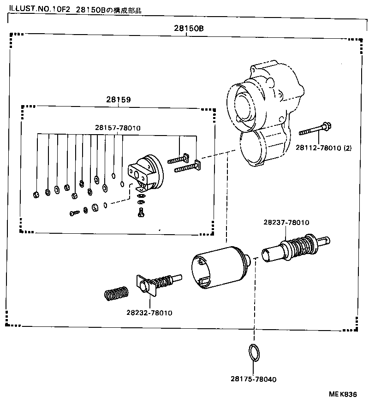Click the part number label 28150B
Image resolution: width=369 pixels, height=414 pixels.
[189, 28]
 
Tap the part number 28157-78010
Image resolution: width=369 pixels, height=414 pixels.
[118, 128]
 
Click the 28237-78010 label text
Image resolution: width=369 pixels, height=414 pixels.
[286, 223]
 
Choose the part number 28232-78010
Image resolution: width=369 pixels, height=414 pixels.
[149, 313]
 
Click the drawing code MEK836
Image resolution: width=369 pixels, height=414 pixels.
[342, 395]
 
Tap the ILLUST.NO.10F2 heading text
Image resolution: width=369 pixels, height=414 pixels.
[37, 10]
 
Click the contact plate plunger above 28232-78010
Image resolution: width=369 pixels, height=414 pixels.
[157, 283]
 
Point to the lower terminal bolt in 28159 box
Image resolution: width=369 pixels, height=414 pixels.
[187, 167]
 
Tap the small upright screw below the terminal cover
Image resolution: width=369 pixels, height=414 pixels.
[141, 212]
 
